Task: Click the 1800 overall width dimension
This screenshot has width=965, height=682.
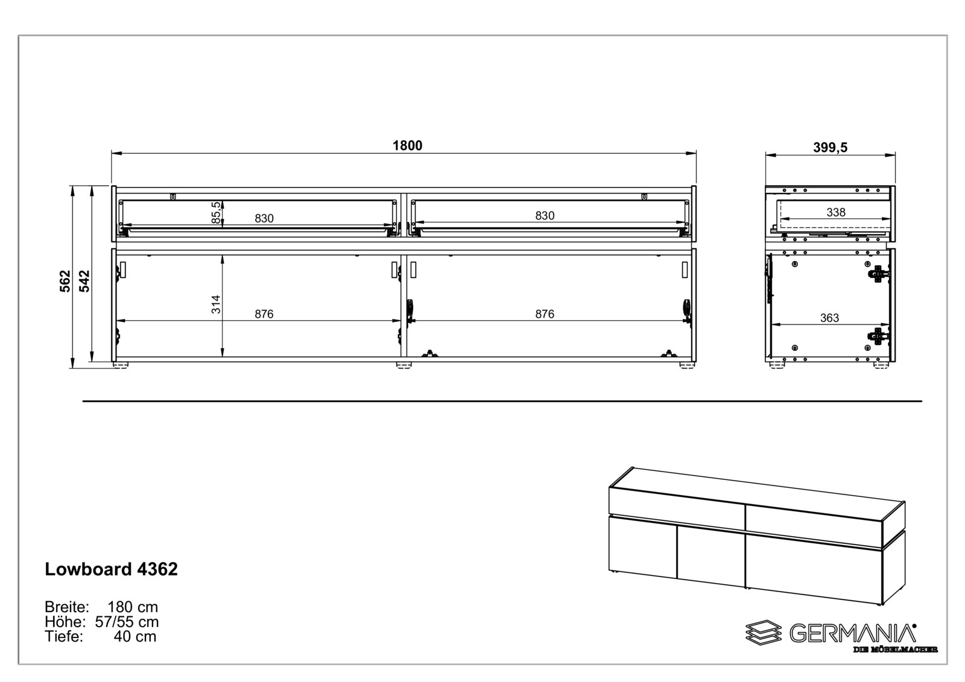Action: click(407, 145)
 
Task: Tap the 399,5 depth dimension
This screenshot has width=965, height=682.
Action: click(830, 147)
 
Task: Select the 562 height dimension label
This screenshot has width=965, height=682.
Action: click(65, 281)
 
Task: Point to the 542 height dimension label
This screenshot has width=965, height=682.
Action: click(84, 281)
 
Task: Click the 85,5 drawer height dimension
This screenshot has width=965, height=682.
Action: click(216, 213)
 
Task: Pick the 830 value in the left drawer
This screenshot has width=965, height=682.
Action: click(264, 218)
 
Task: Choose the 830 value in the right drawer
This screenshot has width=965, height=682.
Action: click(544, 215)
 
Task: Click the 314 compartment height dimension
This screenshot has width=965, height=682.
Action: click(216, 304)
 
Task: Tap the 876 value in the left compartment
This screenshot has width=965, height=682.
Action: click(264, 314)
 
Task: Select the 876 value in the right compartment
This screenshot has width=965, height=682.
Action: click(544, 314)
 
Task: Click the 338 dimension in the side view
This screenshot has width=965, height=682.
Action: click(835, 212)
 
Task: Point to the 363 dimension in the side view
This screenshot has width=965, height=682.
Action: click(829, 318)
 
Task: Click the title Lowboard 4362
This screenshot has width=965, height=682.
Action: click(111, 569)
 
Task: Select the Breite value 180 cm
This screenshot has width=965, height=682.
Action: click(133, 607)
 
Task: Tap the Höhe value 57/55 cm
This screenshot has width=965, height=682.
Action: click(127, 622)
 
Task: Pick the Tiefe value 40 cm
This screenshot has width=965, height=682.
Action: click(135, 636)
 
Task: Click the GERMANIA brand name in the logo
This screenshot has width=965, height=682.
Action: click(852, 633)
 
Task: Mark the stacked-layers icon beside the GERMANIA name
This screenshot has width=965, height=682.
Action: click(762, 633)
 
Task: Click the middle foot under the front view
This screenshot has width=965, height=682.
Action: click(403, 365)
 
